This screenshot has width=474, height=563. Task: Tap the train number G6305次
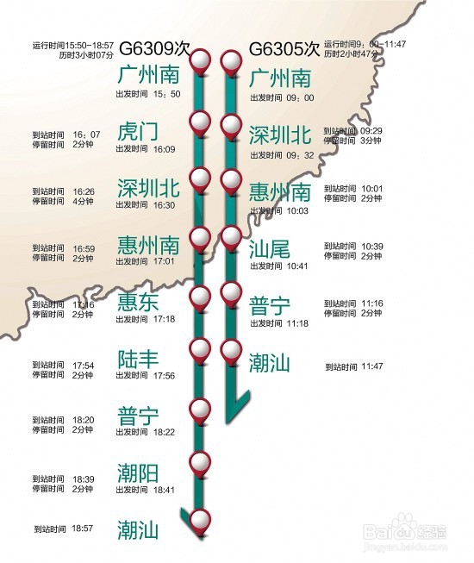[284, 49]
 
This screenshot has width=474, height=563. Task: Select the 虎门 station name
[138, 132]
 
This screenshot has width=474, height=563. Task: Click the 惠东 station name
[138, 301]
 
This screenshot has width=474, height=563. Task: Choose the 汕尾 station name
[270, 250]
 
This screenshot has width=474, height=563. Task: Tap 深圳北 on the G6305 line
[279, 134]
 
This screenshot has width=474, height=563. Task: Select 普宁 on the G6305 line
[270, 305]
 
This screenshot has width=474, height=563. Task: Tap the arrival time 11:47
[371, 366]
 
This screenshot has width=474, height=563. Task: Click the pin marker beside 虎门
[200, 122]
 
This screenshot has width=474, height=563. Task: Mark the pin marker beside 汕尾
[230, 236]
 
